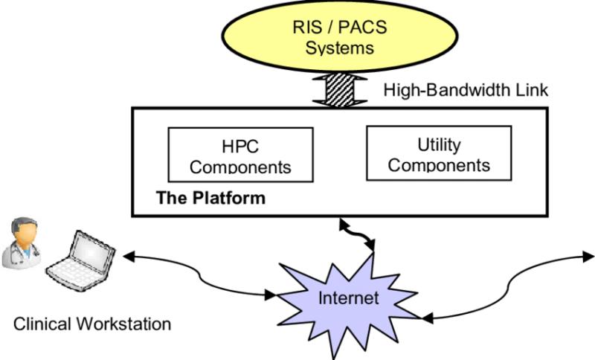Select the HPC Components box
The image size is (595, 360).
tap(230, 154)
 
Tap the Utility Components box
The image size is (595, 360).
tap(439, 153)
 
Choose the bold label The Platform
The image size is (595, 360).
tap(210, 199)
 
